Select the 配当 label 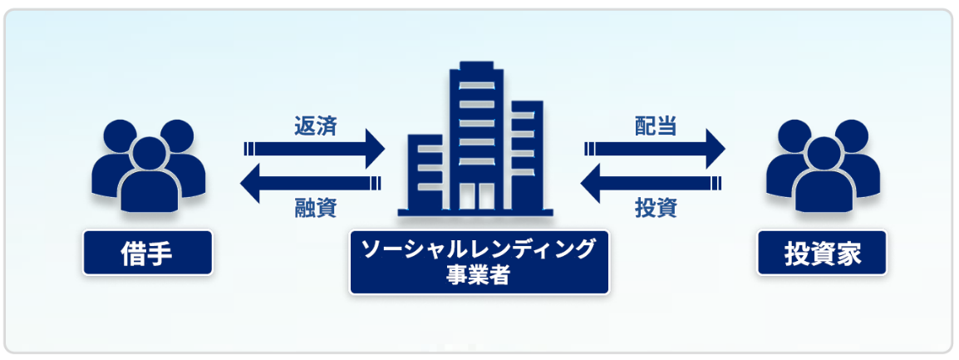tap(655, 126)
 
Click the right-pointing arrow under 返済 tap(316, 150)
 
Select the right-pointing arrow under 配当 tap(657, 150)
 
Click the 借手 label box tap(147, 253)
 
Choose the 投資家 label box tap(821, 253)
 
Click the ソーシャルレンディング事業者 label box tap(479, 262)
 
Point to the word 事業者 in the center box tap(479, 275)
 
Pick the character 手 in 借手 tap(161, 253)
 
